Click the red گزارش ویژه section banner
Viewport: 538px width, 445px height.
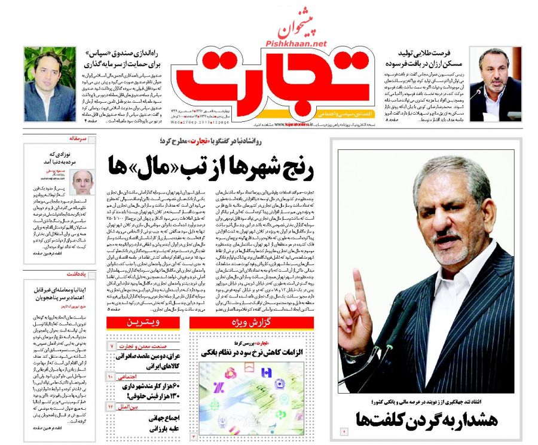pos(252,323)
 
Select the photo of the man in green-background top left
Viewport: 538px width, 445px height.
pos(50,84)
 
